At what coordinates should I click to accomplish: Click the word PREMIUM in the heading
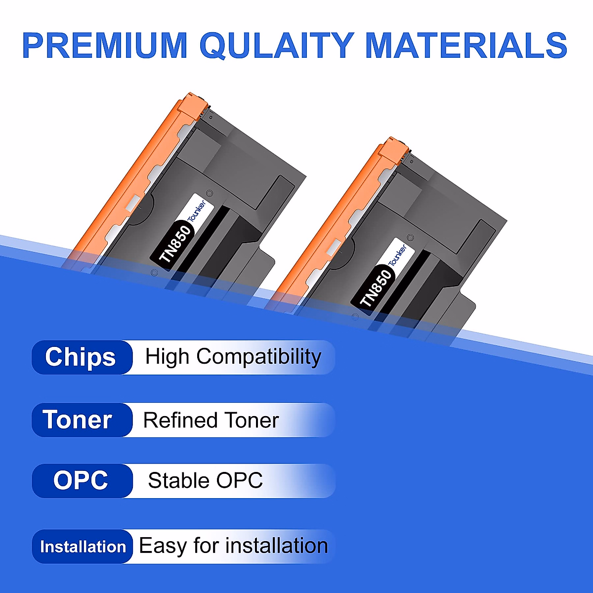pos(105,45)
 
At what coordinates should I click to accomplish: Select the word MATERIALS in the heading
pos(466,45)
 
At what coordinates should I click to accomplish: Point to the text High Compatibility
pos(233,357)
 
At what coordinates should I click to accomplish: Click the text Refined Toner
pos(211,421)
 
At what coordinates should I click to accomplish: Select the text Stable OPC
pos(205,481)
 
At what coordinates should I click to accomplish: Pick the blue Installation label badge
pos(83,547)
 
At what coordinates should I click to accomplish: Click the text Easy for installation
pos(233,546)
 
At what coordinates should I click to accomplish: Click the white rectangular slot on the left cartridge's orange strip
pos(133,202)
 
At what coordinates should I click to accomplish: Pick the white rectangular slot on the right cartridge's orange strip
pos(335,245)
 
